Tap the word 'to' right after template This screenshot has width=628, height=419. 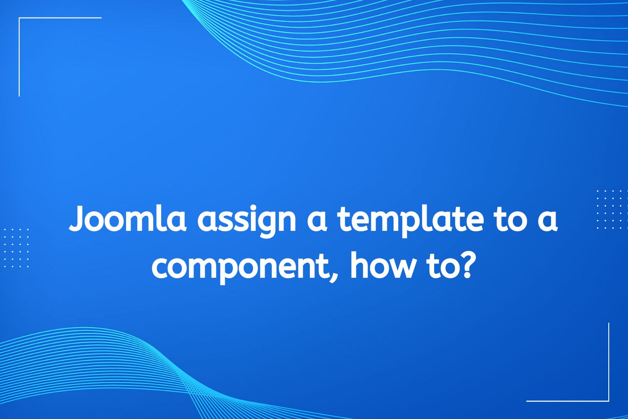point(507,220)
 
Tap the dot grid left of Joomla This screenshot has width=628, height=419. point(17,248)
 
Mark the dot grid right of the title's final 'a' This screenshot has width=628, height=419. point(611,209)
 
